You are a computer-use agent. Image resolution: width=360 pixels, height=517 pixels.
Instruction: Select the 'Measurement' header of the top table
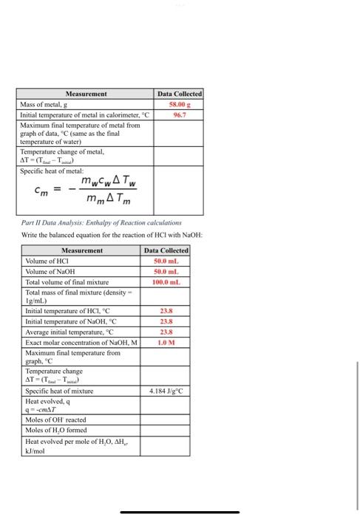coord(86,95)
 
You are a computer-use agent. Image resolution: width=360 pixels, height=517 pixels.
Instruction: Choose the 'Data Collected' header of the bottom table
coord(165,251)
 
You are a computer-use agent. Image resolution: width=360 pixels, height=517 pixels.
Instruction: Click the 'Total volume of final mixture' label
coord(67,282)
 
